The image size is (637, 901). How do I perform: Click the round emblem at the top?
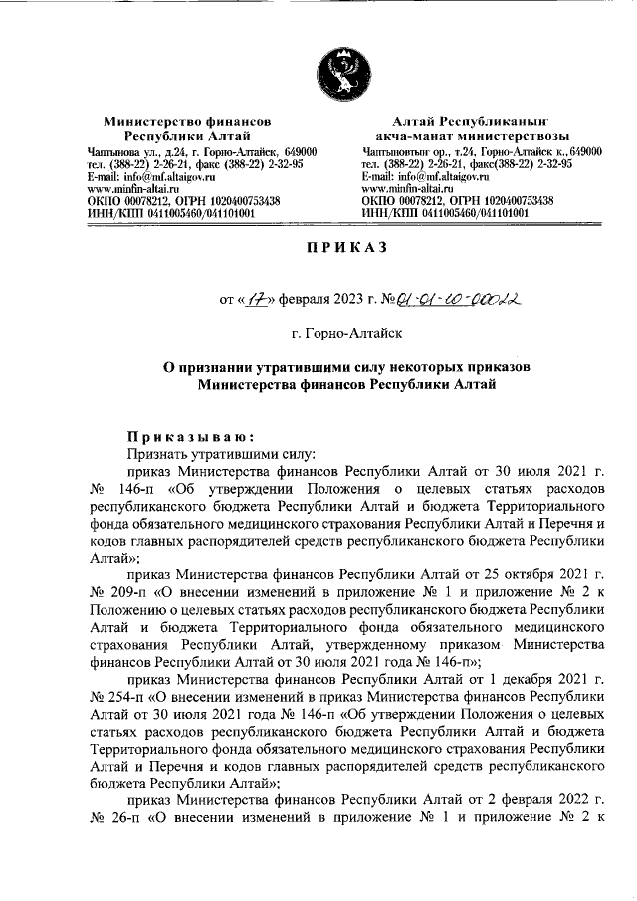(x=337, y=76)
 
